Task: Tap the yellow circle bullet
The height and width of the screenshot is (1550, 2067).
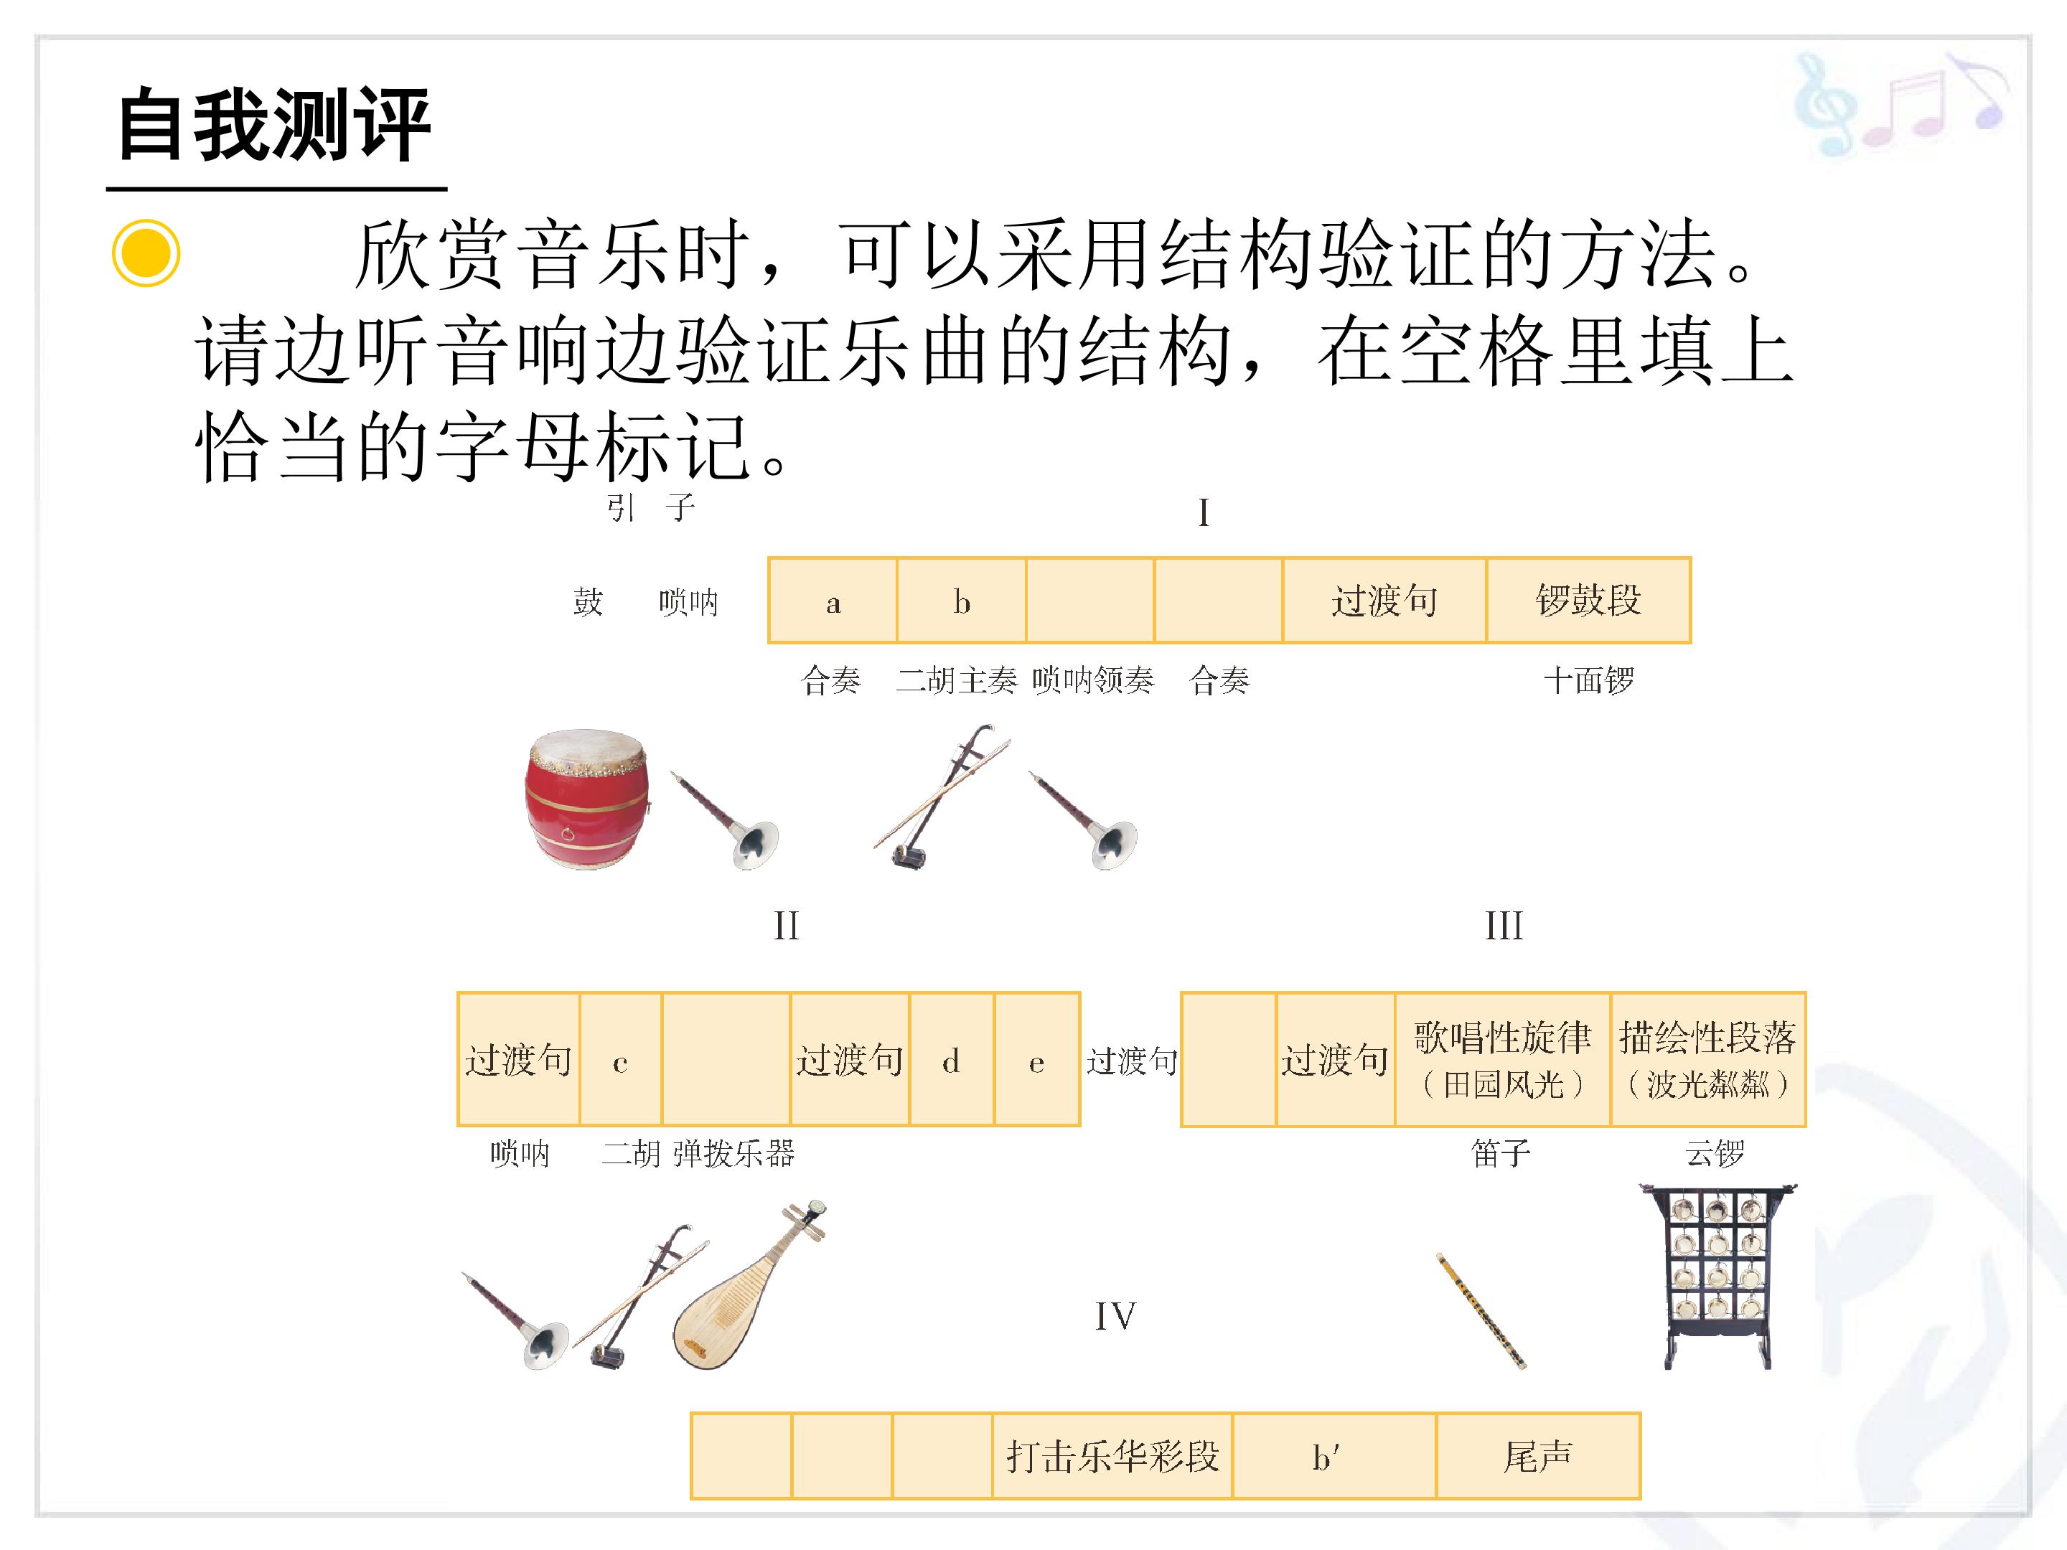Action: pyautogui.click(x=146, y=253)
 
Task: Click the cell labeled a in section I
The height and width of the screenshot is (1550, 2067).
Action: pyautogui.click(x=833, y=601)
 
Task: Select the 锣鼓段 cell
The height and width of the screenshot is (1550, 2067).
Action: pyautogui.click(x=1588, y=601)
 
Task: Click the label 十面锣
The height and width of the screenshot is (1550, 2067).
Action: pyautogui.click(x=1588, y=680)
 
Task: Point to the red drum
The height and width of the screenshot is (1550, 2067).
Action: pyautogui.click(x=588, y=800)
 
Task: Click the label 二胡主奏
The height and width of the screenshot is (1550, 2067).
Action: pyautogui.click(x=957, y=680)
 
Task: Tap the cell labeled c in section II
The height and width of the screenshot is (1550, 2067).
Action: pyautogui.click(x=621, y=1059)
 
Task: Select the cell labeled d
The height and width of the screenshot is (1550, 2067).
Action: pyautogui.click(x=951, y=1059)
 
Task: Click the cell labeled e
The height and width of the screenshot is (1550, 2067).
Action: pyautogui.click(x=1037, y=1059)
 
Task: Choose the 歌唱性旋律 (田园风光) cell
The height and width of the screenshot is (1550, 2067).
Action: pyautogui.click(x=1503, y=1059)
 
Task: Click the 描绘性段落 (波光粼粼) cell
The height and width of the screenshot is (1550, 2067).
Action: pyautogui.click(x=1708, y=1059)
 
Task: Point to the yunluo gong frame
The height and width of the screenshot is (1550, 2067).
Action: pyautogui.click(x=1717, y=1277)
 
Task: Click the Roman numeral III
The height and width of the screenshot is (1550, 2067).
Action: pyautogui.click(x=1504, y=926)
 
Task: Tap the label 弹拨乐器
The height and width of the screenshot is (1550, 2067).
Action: pyautogui.click(x=733, y=1154)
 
